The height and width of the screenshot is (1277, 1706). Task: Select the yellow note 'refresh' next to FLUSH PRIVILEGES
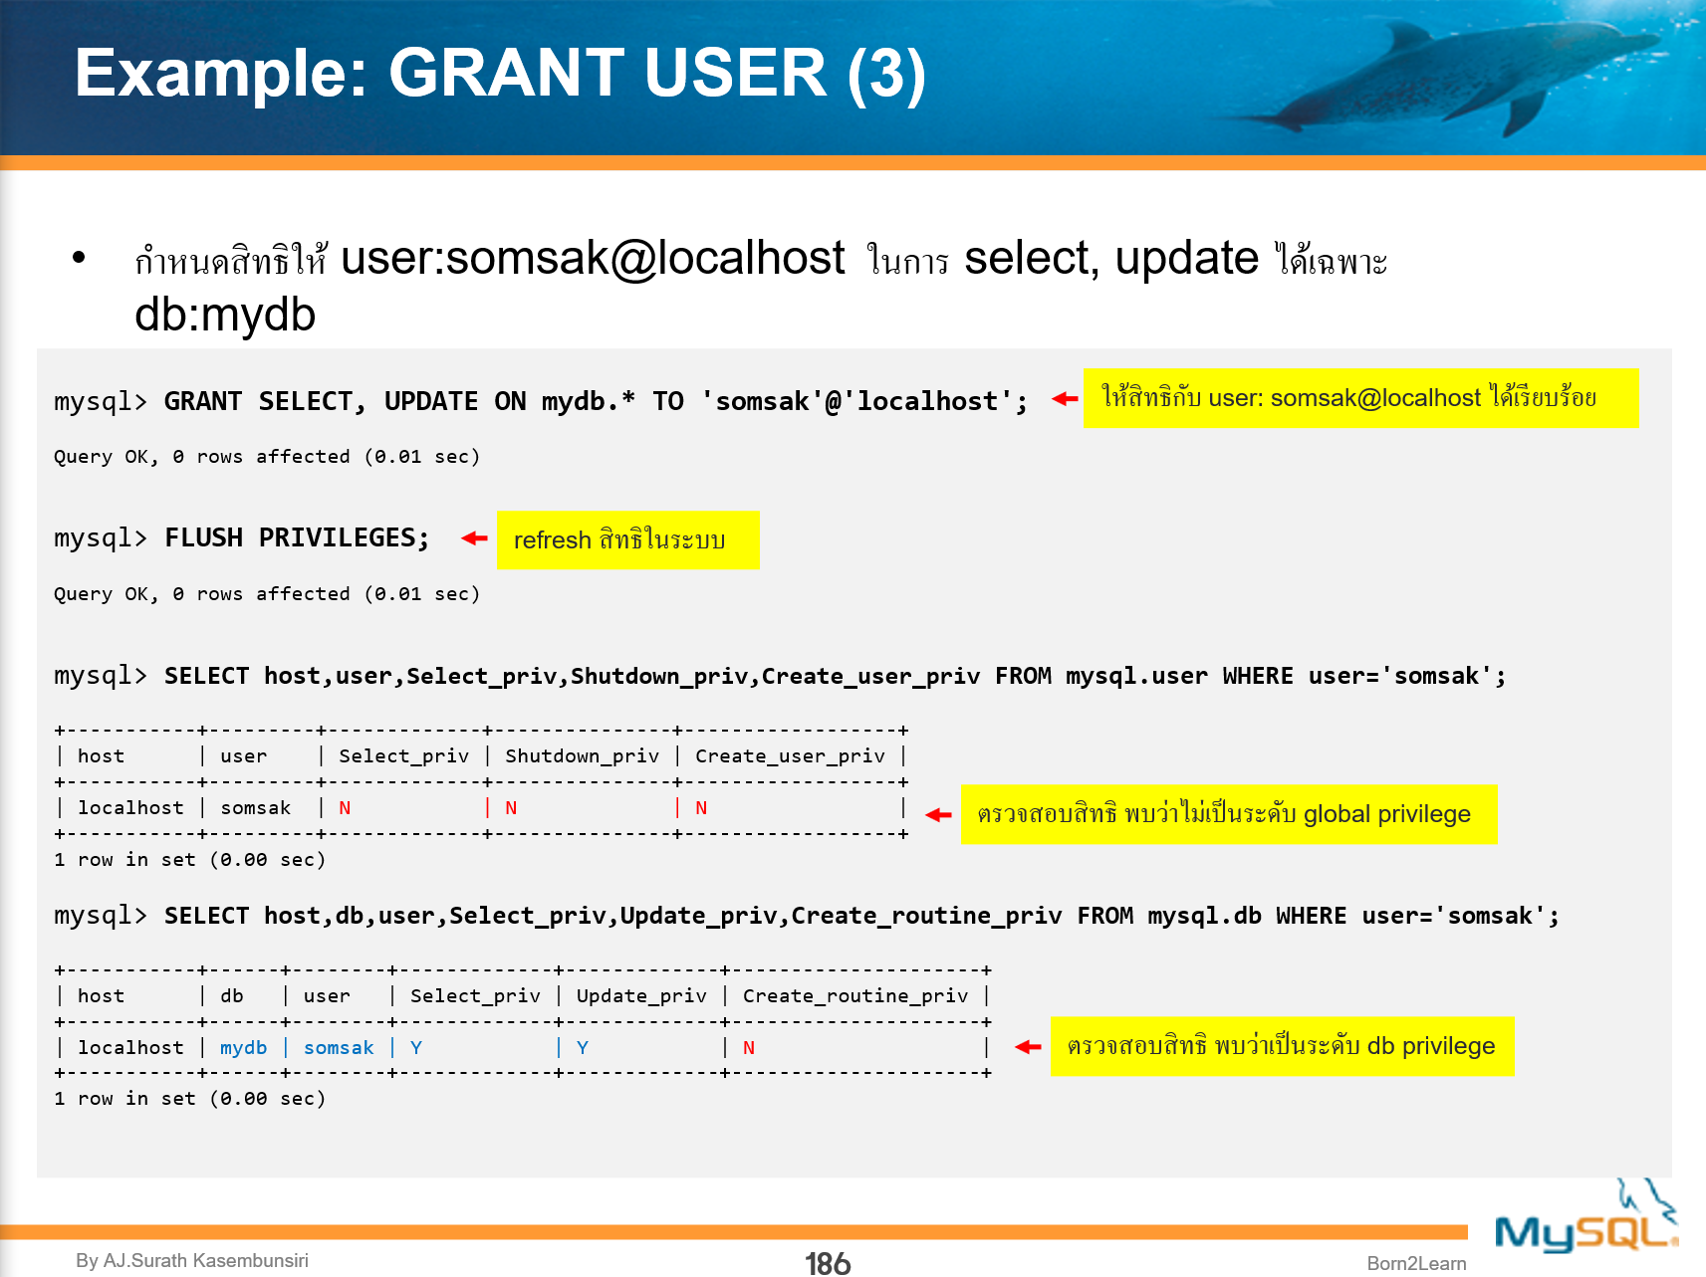pyautogui.click(x=627, y=539)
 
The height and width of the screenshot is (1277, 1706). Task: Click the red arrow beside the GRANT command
pyautogui.click(x=1065, y=399)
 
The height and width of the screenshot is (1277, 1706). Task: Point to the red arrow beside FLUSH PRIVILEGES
pyautogui.click(x=474, y=538)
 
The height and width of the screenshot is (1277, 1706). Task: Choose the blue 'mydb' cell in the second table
pyautogui.click(x=243, y=1047)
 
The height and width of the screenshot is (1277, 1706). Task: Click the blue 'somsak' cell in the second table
pyautogui.click(x=339, y=1047)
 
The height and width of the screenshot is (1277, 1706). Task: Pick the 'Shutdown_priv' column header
pyautogui.click(x=582, y=755)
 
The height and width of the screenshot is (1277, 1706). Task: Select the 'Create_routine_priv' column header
pyautogui.click(x=854, y=995)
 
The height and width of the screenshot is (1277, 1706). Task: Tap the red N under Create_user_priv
pyautogui.click(x=701, y=807)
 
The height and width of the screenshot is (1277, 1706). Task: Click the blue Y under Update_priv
pyautogui.click(x=583, y=1047)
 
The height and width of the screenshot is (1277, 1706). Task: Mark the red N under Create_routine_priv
pyautogui.click(x=749, y=1047)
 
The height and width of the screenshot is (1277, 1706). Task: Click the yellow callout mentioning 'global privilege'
pyautogui.click(x=1228, y=814)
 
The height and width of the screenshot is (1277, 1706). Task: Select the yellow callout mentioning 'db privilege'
pyautogui.click(x=1282, y=1046)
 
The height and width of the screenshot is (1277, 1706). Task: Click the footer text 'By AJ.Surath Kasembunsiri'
pyautogui.click(x=192, y=1260)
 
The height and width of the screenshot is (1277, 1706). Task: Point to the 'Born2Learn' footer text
pyautogui.click(x=1416, y=1263)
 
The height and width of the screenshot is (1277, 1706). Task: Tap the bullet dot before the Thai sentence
pyautogui.click(x=80, y=258)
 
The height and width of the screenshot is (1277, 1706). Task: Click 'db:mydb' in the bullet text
pyautogui.click(x=225, y=315)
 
